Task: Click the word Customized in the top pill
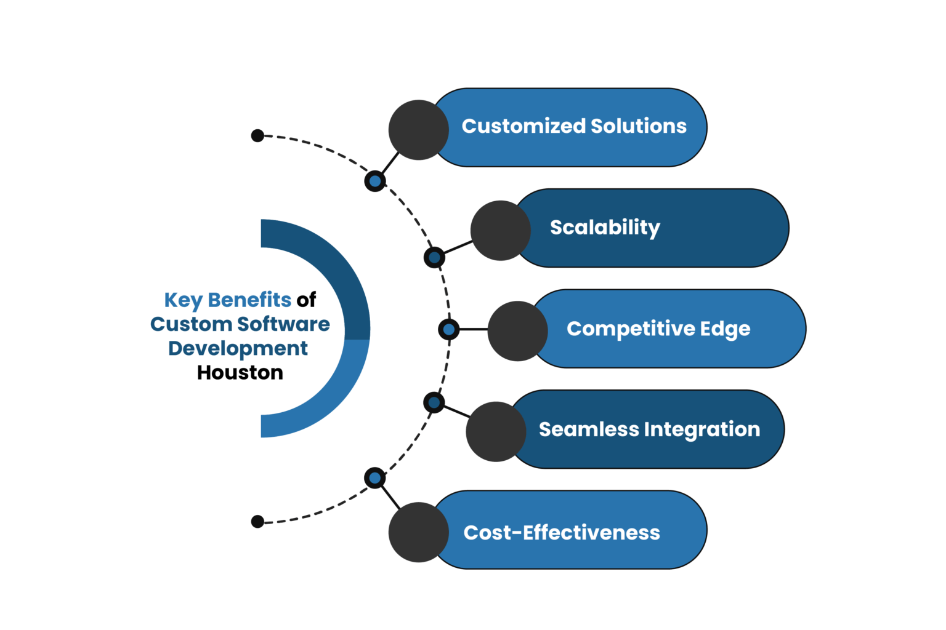[524, 126]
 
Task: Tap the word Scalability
[605, 228]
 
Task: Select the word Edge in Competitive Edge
[725, 329]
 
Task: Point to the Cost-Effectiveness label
[562, 532]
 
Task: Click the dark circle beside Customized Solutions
[418, 130]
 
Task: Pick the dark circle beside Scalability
[500, 231]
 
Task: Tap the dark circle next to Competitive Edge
[517, 331]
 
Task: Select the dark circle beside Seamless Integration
[496, 432]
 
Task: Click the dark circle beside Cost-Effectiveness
[418, 532]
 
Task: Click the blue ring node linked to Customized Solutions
[375, 181]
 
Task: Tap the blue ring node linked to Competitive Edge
[448, 330]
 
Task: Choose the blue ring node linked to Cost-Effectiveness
[375, 478]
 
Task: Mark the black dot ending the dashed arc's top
[257, 135]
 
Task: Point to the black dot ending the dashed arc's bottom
[257, 522]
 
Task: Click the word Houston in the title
[240, 373]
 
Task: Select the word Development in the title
[238, 349]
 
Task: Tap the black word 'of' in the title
[306, 300]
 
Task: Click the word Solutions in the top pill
[639, 126]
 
